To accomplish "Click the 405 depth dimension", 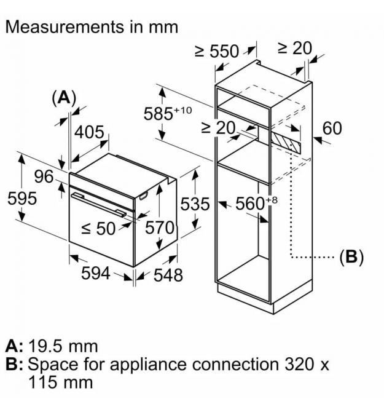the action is click(89, 132).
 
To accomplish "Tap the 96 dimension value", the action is click(44, 176).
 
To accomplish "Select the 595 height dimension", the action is click(22, 199).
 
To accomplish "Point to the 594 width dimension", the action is click(96, 273).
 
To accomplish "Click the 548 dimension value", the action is click(168, 275).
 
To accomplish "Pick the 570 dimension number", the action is click(160, 228).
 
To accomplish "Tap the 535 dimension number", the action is click(195, 204).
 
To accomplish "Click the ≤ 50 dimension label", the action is click(98, 228).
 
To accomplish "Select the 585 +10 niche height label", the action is click(168, 113).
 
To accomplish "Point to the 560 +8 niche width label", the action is click(256, 203).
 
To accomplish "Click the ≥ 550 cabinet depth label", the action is click(217, 51).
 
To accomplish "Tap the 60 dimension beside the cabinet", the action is click(332, 129).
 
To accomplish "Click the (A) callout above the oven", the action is click(65, 98).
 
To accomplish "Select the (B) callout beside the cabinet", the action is click(351, 256).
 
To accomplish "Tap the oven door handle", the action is click(98, 205).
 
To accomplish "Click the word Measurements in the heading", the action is click(65, 27).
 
